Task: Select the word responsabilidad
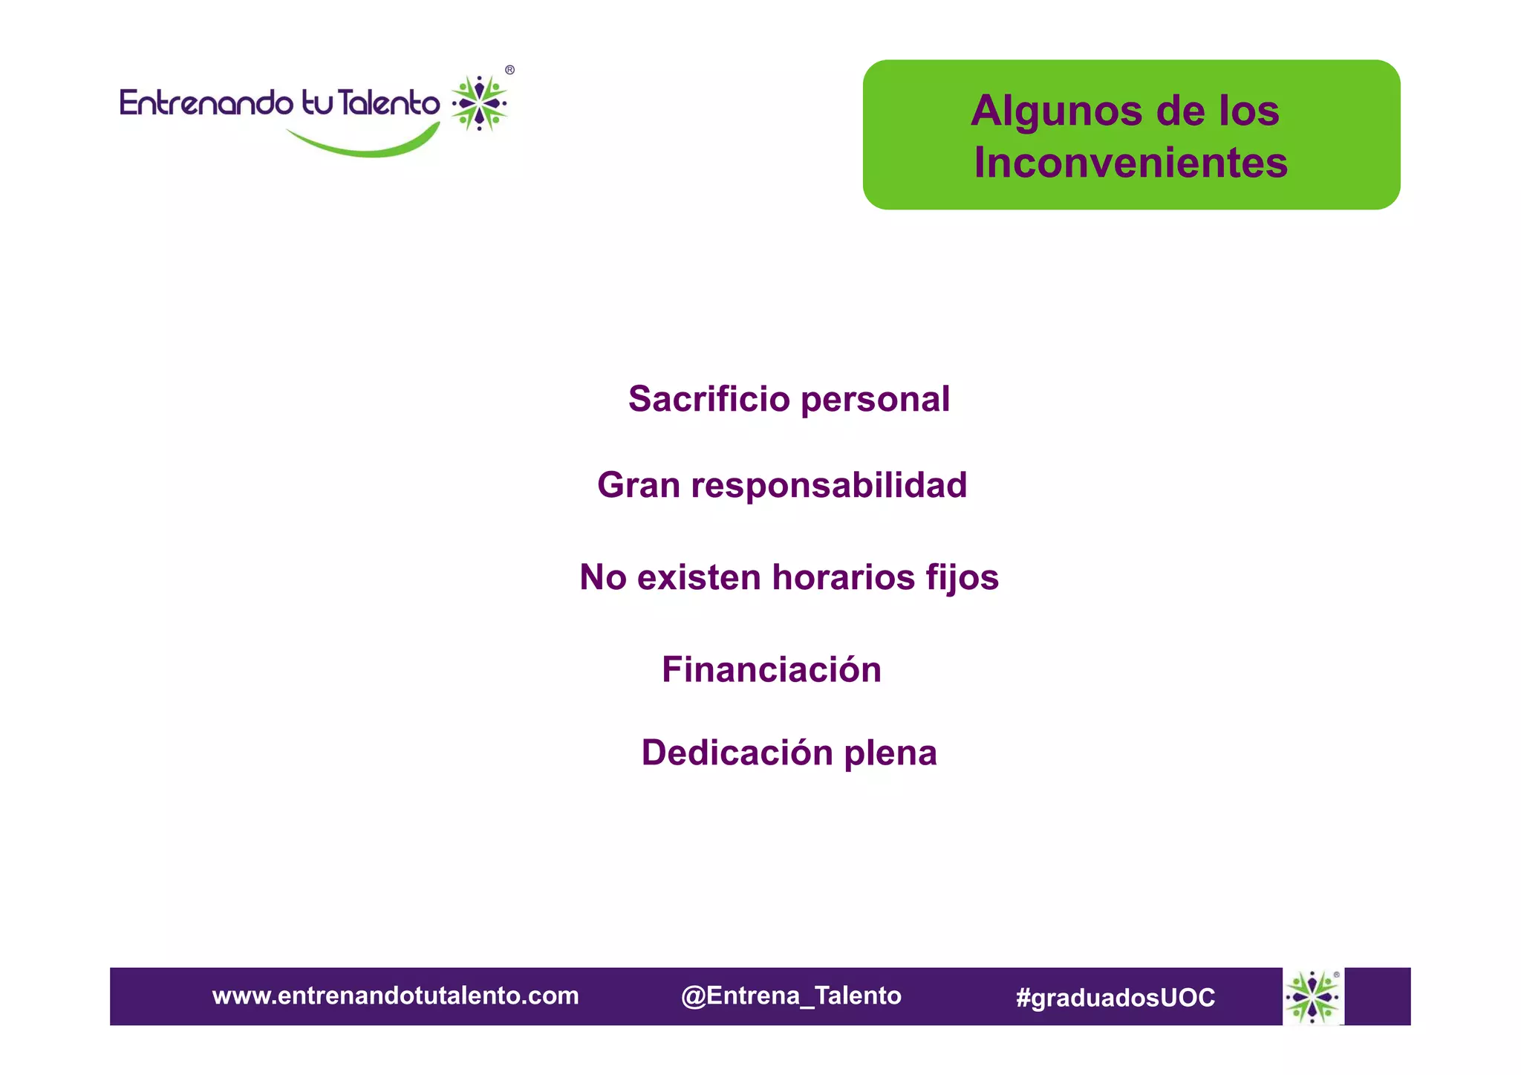point(829,486)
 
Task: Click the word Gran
point(639,485)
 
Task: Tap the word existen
point(699,577)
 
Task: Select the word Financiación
point(772,669)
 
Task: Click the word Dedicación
point(737,753)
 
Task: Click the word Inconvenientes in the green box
point(1130,163)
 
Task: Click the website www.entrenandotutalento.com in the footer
point(395,996)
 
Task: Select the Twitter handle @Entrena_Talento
point(791,996)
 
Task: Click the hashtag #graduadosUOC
point(1115,997)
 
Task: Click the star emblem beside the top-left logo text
point(480,103)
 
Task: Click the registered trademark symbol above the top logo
point(509,70)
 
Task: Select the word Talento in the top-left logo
point(388,103)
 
